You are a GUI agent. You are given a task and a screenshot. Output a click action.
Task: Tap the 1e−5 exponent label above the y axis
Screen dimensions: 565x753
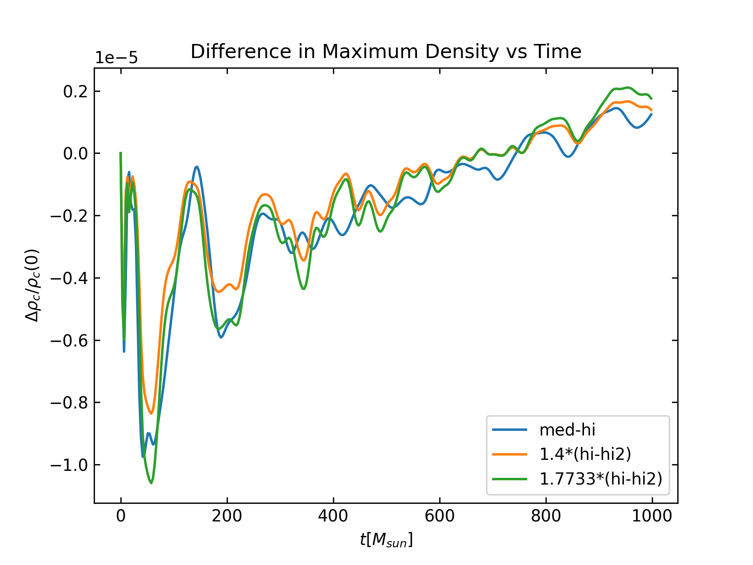[x=116, y=58]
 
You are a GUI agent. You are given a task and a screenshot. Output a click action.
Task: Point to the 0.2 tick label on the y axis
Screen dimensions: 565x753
[x=76, y=91]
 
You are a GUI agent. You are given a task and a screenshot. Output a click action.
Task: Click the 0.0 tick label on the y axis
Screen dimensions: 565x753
[x=76, y=153]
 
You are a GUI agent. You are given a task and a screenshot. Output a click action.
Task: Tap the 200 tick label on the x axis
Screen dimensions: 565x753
[x=227, y=516]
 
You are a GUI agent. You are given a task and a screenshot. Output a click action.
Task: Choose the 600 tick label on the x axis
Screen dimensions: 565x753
[x=440, y=516]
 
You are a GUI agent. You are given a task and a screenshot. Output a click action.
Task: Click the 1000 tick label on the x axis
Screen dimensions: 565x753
[x=652, y=516]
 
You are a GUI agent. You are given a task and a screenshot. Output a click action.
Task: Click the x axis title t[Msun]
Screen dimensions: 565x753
[x=386, y=540]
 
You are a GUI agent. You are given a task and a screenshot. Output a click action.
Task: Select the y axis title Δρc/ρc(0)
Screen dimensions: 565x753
[x=33, y=285]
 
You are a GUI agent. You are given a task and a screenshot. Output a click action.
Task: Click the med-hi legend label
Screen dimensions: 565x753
[x=567, y=430]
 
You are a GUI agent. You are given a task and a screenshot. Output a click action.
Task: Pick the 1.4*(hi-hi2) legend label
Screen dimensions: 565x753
[x=585, y=454]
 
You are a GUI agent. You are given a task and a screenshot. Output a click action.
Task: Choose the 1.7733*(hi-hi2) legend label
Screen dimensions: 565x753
[x=601, y=479]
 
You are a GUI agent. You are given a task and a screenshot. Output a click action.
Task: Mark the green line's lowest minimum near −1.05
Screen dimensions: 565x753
[x=151, y=483]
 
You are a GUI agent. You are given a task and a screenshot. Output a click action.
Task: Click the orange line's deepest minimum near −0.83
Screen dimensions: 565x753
[x=151, y=413]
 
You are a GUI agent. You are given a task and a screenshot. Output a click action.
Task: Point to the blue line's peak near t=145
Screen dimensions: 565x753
[x=197, y=167]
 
